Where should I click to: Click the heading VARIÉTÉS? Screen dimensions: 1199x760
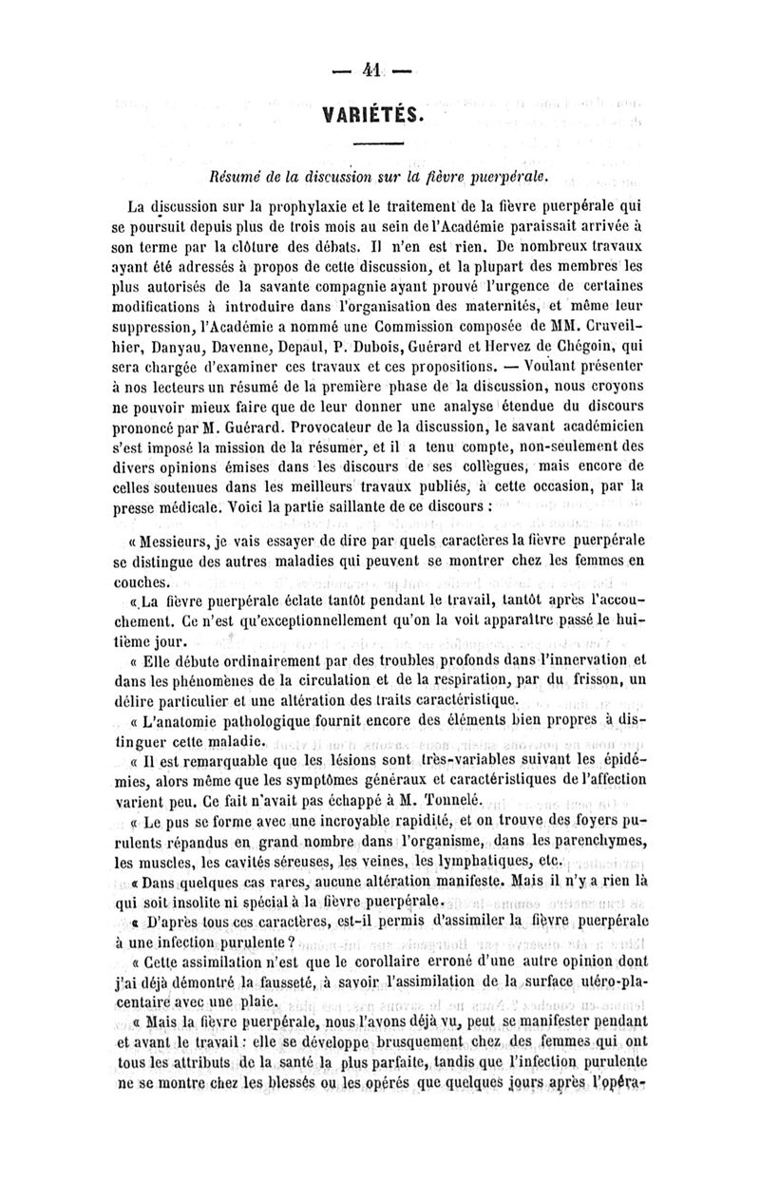tap(377, 114)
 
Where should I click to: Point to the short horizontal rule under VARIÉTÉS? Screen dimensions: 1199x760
tap(378, 145)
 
